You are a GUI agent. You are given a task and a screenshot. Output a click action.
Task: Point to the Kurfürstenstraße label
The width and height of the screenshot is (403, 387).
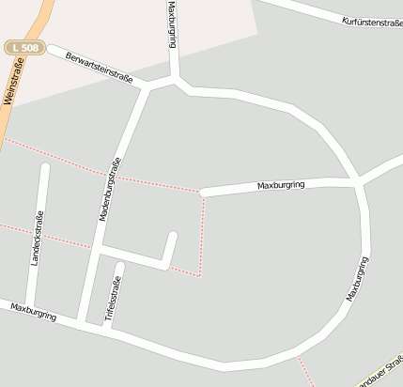[372, 21]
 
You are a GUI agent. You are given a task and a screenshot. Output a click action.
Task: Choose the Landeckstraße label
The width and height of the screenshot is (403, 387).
[39, 239]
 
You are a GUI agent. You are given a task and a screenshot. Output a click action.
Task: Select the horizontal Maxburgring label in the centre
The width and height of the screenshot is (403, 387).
[282, 186]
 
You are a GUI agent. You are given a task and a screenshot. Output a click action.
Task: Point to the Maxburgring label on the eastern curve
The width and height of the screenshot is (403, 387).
[356, 279]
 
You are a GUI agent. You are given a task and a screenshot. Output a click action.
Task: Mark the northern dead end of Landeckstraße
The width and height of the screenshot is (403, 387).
[44, 168]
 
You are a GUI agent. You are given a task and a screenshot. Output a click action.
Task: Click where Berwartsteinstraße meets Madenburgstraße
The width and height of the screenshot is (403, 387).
[146, 87]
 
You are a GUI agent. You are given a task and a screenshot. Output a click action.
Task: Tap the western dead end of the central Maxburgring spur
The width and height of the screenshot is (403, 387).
[204, 193]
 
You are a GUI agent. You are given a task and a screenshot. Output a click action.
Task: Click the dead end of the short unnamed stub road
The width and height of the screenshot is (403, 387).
[173, 235]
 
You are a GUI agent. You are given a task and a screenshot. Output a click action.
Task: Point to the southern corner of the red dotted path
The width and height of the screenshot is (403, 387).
[199, 275]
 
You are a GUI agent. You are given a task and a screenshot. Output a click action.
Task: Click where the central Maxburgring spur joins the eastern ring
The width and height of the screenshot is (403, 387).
[358, 180]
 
